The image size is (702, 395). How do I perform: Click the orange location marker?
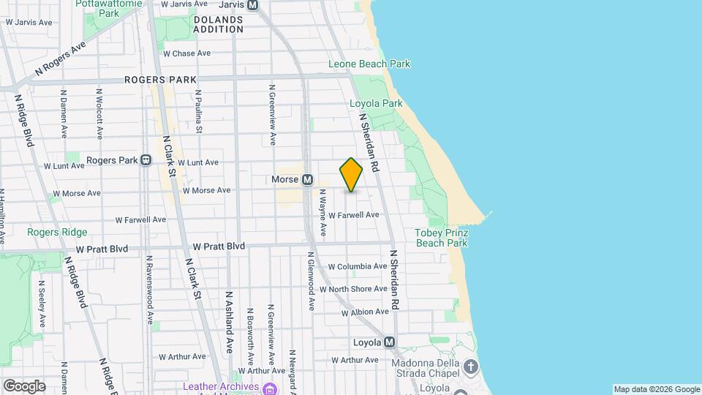(351, 175)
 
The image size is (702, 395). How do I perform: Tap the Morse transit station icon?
(308, 179)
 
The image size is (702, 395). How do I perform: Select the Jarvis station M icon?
(253, 4)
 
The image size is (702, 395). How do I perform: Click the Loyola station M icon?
(389, 342)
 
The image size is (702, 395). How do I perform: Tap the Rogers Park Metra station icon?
(146, 160)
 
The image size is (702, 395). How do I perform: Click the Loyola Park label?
(376, 104)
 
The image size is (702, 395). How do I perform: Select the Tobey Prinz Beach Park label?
(441, 238)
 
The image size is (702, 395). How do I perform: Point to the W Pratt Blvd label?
(219, 247)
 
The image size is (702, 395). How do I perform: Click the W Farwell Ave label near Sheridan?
(354, 215)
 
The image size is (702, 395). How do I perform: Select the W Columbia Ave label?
(358, 267)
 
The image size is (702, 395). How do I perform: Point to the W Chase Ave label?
(186, 53)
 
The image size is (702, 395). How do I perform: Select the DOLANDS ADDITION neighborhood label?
(219, 24)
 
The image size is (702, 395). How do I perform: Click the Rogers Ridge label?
(57, 233)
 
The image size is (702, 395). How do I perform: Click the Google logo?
(23, 386)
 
